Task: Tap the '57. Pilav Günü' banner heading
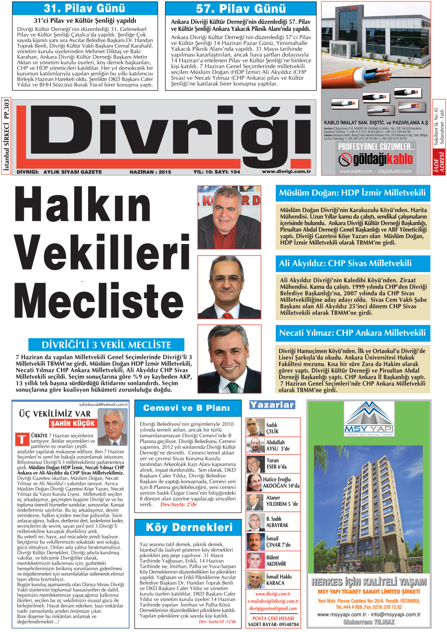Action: coord(240,9)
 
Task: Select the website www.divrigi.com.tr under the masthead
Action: coord(285,172)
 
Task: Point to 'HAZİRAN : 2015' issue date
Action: coord(150,172)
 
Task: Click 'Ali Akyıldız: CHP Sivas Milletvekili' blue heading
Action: coord(345,264)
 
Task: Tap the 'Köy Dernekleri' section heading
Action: coord(189,527)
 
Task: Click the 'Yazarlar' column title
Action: coord(272,405)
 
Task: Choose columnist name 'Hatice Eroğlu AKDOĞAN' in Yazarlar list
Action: coord(281,483)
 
